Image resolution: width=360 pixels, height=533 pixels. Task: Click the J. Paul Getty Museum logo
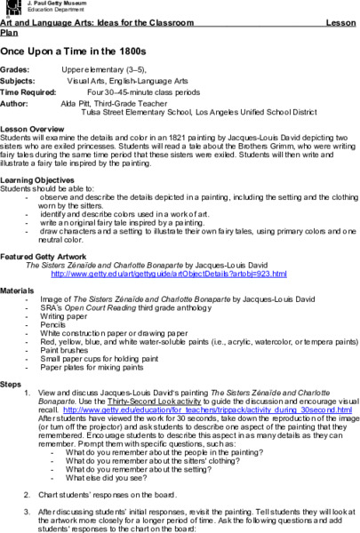[x=8, y=7]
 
